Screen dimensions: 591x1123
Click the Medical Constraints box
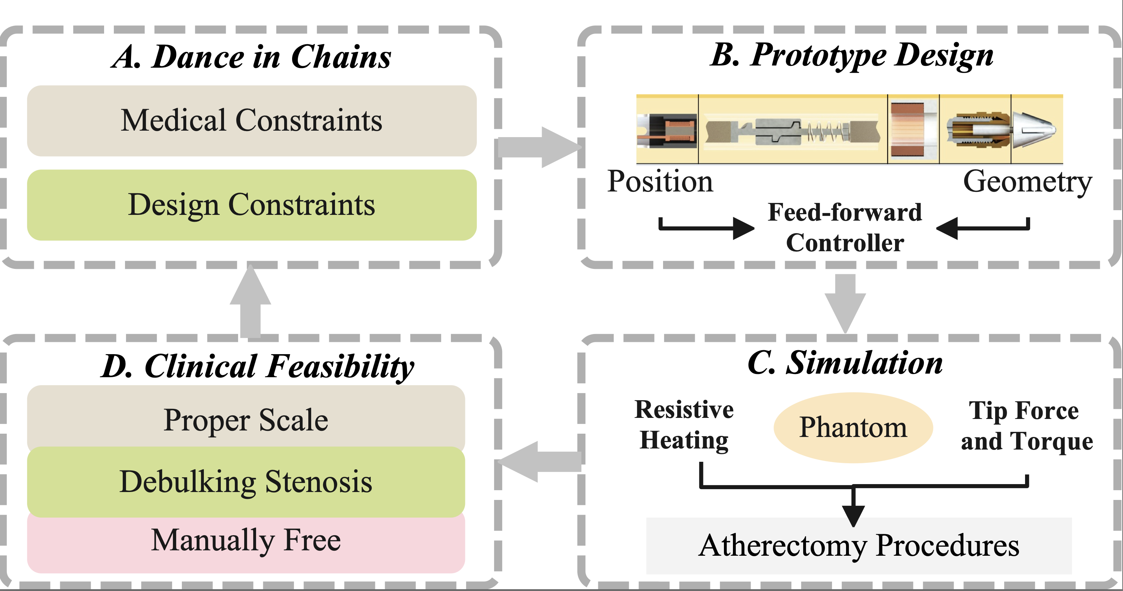tap(251, 121)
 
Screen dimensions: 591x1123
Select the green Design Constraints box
tap(251, 205)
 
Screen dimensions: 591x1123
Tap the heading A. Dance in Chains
tap(251, 57)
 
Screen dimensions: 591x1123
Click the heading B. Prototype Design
tap(851, 56)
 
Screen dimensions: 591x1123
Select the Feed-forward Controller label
tap(845, 227)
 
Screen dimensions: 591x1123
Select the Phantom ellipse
tap(853, 427)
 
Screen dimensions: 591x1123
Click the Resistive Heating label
tap(684, 425)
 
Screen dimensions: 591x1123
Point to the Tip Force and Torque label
tap(1026, 426)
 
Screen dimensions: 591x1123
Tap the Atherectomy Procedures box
tap(859, 545)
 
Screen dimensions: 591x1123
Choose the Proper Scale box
tap(246, 420)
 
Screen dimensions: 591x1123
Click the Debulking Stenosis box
tap(246, 482)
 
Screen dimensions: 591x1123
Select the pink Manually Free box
tap(246, 541)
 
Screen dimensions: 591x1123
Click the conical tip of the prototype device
tap(1035, 129)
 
